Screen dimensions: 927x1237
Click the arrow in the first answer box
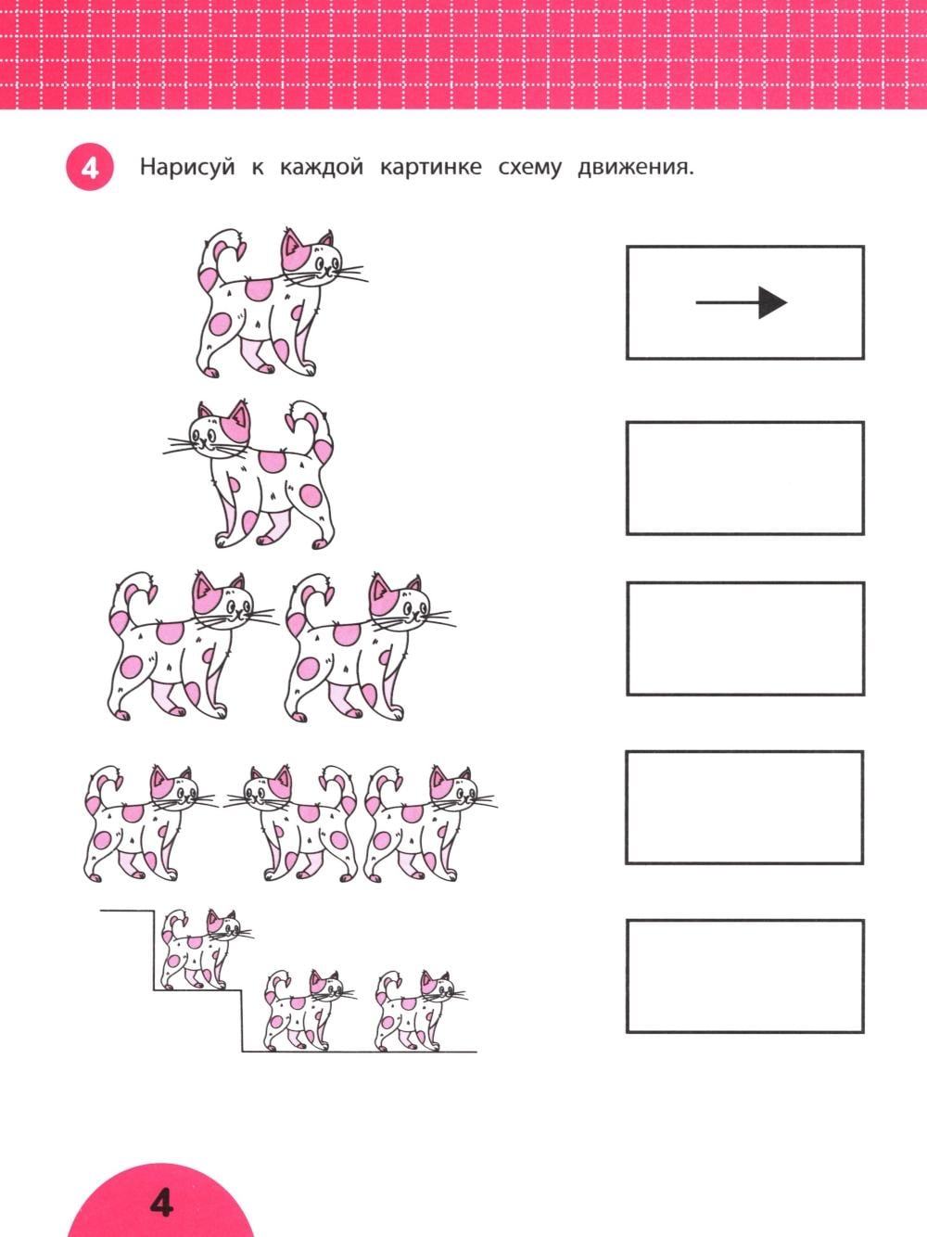pos(742,302)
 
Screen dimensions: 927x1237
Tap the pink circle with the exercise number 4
pos(90,168)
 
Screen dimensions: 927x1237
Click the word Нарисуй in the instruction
pos(187,168)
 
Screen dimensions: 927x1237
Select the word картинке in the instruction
pos(431,168)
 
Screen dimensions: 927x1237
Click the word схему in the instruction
pos(529,169)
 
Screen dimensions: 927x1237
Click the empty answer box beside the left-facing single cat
pos(745,478)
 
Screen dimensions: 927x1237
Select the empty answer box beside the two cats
pos(745,639)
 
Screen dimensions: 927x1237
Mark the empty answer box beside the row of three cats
pos(744,808)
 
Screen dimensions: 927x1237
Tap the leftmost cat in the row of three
pos(150,823)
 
